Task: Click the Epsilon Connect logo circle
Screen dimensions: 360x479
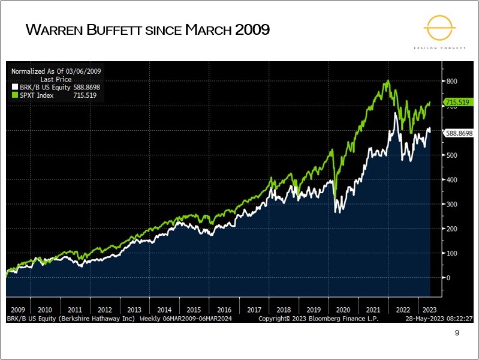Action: tap(441, 28)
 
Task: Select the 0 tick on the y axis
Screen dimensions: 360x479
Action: tap(448, 278)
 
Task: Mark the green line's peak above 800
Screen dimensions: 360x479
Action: tap(388, 80)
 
